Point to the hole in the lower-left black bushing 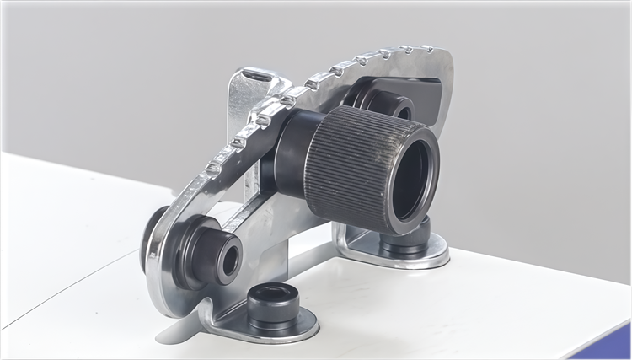tap(229, 261)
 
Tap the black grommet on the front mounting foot tap(272, 305)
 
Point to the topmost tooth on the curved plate tap(426, 49)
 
